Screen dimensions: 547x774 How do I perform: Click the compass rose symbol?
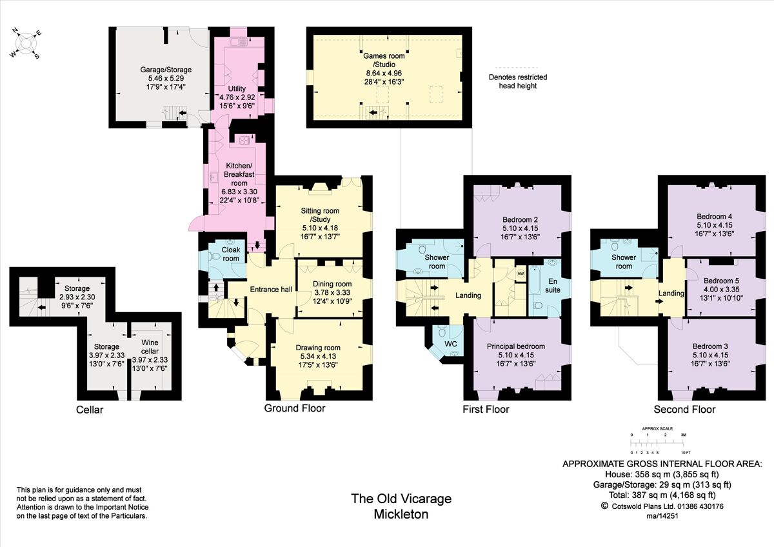25,43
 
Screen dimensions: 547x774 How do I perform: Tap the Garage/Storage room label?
166,70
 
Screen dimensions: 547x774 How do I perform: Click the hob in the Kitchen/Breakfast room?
244,141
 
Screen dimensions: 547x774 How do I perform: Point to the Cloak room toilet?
215,256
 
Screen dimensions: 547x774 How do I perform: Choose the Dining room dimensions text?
332,297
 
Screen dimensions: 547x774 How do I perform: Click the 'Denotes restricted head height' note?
513,81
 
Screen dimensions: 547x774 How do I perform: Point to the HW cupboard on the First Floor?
520,273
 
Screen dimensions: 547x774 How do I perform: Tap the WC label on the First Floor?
451,344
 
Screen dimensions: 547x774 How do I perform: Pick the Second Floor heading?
684,410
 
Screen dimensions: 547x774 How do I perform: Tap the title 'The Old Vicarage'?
401,499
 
